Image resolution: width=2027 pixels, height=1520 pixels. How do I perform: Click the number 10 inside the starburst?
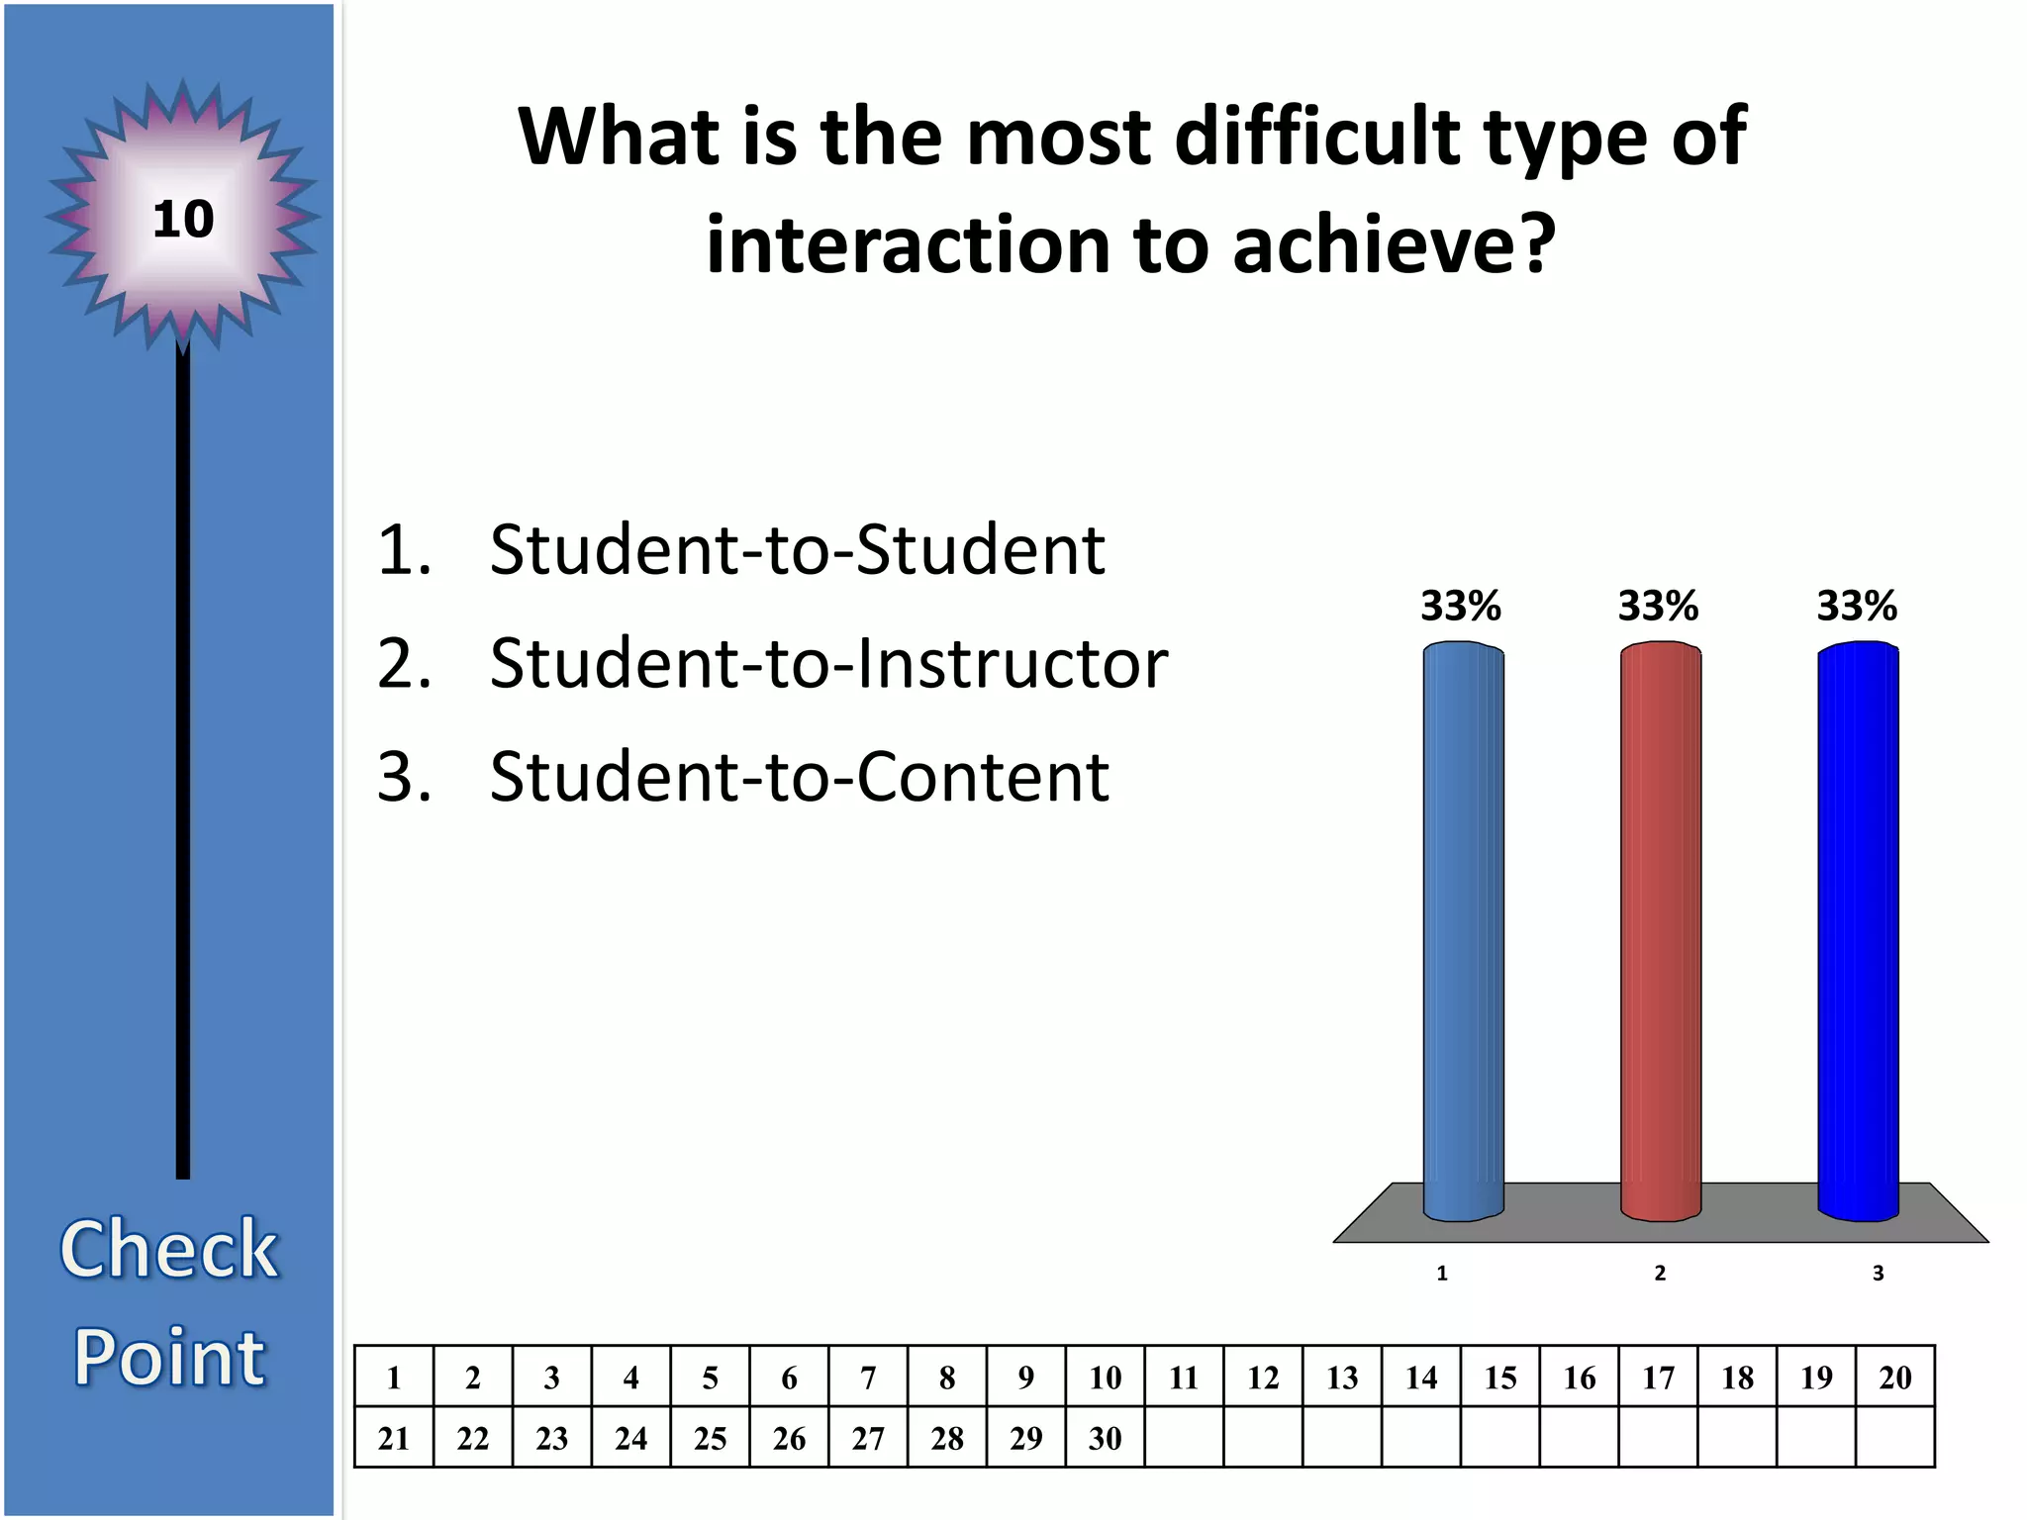pos(183,219)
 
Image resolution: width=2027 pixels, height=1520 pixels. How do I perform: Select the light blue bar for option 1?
pos(1463,930)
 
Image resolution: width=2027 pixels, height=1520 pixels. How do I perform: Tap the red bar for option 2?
pos(1660,930)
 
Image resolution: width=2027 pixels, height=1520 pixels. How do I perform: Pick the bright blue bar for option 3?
pos(1858,930)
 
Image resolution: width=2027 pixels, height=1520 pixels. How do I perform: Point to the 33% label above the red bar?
pos(1658,606)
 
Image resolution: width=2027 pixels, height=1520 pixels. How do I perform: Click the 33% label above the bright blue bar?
pos(1857,606)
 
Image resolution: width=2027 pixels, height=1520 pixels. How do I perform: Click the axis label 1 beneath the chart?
pos(1442,1274)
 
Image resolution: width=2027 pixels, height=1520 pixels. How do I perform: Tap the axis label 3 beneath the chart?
pos(1878,1274)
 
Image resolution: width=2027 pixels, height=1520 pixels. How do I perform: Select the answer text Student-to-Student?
pos(797,549)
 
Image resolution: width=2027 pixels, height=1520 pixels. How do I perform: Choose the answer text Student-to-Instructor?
pos(828,663)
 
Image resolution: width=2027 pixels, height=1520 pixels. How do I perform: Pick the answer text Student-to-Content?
pos(799,777)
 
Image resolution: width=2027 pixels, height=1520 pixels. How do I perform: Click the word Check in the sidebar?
pos(169,1249)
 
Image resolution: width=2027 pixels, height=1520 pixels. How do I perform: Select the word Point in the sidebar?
pos(169,1357)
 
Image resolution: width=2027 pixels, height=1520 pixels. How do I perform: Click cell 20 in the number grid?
pos(1894,1377)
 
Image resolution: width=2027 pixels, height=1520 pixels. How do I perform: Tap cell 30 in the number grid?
pos(1105,1438)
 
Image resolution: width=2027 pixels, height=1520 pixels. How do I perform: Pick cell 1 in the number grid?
pos(394,1377)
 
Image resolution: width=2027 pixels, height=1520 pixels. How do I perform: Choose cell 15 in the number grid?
pos(1499,1377)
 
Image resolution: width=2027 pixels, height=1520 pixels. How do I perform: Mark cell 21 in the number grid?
pos(394,1438)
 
